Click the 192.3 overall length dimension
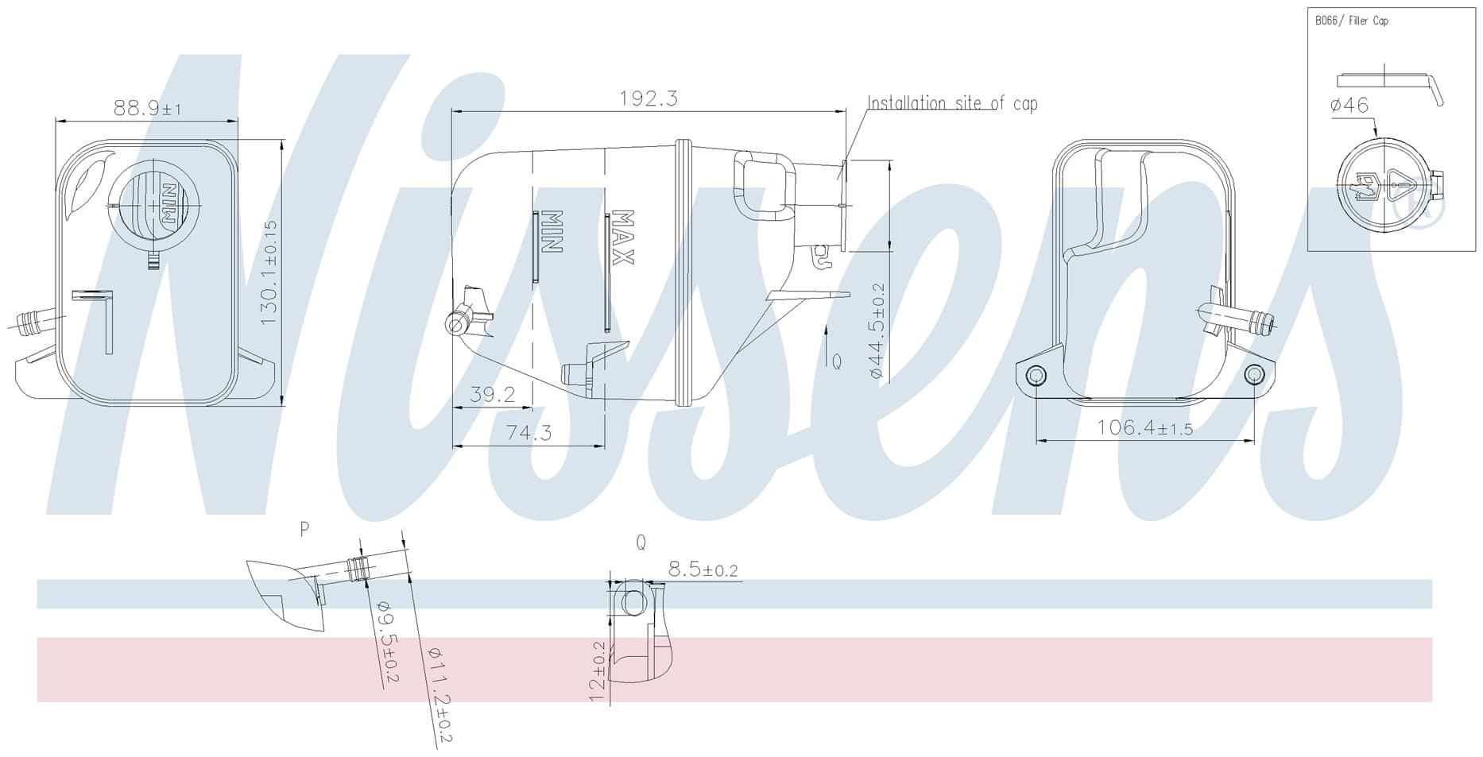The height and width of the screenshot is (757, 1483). (649, 98)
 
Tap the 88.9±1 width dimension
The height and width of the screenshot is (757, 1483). (148, 108)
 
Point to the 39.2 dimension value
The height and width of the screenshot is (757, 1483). (493, 394)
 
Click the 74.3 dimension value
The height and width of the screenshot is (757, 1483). (529, 433)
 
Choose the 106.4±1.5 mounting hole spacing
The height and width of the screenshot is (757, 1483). (1145, 427)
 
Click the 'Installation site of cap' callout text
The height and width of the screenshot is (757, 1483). (952, 103)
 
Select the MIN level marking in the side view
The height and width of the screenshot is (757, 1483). (552, 232)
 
